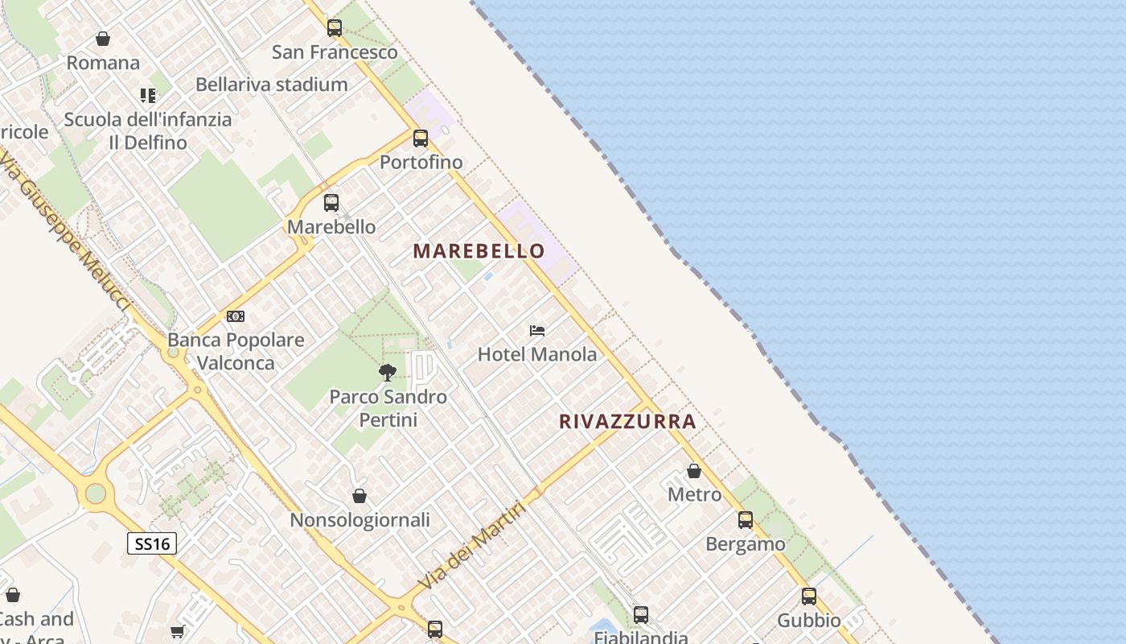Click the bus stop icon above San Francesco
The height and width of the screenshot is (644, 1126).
point(335,28)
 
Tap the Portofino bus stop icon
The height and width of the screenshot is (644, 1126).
point(421,138)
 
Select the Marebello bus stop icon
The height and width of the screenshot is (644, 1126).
point(331,203)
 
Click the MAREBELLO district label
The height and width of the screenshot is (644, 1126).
point(479,251)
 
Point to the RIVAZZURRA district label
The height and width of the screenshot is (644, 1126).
point(627,422)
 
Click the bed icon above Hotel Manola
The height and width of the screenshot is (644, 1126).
point(537,331)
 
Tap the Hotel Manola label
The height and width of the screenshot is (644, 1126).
point(537,354)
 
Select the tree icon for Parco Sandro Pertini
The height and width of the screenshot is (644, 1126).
point(388,373)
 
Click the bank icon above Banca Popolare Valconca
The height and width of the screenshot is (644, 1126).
point(236,316)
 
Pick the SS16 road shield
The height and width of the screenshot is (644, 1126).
point(152,543)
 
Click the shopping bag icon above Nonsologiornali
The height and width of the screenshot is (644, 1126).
point(360,497)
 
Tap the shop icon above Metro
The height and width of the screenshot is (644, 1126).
point(694,471)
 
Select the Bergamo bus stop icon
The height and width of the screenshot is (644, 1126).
point(746,520)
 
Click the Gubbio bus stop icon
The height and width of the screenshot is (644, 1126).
point(809,597)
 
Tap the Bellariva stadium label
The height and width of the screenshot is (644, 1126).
point(272,85)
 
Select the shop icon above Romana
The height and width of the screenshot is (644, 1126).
point(103,39)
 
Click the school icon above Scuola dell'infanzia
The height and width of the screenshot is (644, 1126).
point(148,96)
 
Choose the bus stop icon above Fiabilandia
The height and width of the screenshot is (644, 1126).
point(641,615)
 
